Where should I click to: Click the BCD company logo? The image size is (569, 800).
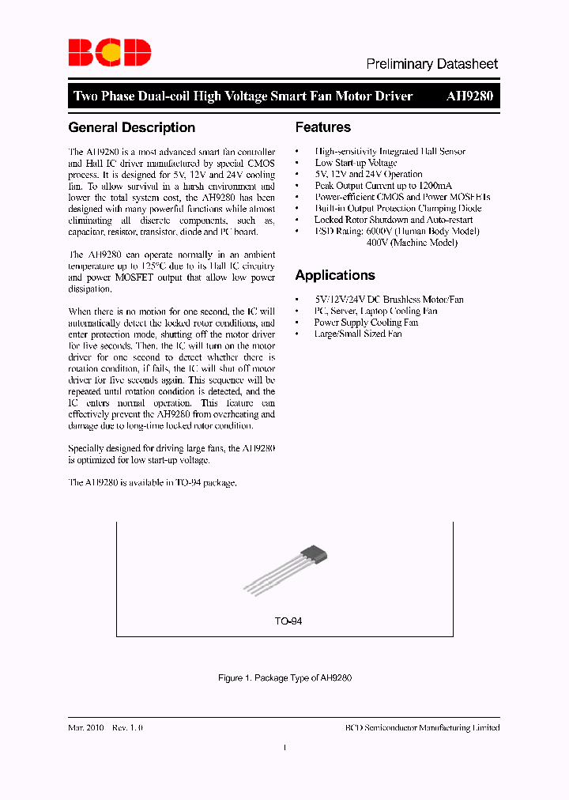109,53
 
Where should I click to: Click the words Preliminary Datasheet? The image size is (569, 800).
431,64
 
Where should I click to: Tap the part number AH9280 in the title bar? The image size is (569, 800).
469,96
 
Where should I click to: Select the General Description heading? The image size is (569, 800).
132,127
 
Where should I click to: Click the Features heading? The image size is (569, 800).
322,127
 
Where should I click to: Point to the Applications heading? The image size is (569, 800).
335,275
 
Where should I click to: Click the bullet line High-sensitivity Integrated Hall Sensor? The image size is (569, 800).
390,151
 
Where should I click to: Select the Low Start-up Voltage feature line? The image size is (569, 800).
356,163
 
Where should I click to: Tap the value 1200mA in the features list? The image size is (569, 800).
433,186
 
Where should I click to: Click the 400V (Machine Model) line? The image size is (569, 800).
412,243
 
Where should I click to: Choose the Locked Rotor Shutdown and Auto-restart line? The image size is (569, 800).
394,220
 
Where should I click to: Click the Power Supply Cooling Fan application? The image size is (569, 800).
366,323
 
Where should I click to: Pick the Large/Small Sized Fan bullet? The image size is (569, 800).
358,334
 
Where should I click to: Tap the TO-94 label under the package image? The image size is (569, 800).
288,621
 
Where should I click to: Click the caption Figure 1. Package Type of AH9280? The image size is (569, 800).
284,678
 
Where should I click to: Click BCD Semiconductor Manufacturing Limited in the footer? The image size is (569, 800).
423,727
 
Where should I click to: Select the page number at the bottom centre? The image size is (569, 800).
284,748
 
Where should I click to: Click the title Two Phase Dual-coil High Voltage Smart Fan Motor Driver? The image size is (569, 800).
243,96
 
